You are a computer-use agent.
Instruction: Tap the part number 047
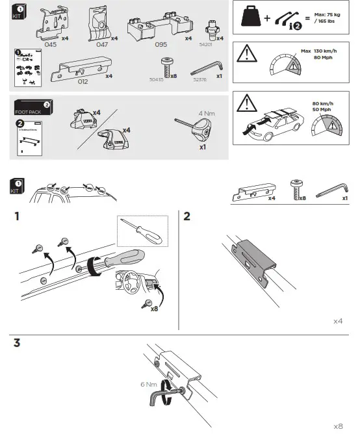[x=103, y=46]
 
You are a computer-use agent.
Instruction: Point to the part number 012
[x=83, y=81]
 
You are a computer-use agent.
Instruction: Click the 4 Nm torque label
[x=207, y=112]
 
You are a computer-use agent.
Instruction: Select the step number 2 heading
[x=187, y=217]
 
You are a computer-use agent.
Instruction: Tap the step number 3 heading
[x=17, y=343]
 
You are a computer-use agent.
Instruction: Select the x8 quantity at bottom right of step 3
[x=337, y=426]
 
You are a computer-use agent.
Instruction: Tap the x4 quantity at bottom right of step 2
[x=337, y=321]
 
